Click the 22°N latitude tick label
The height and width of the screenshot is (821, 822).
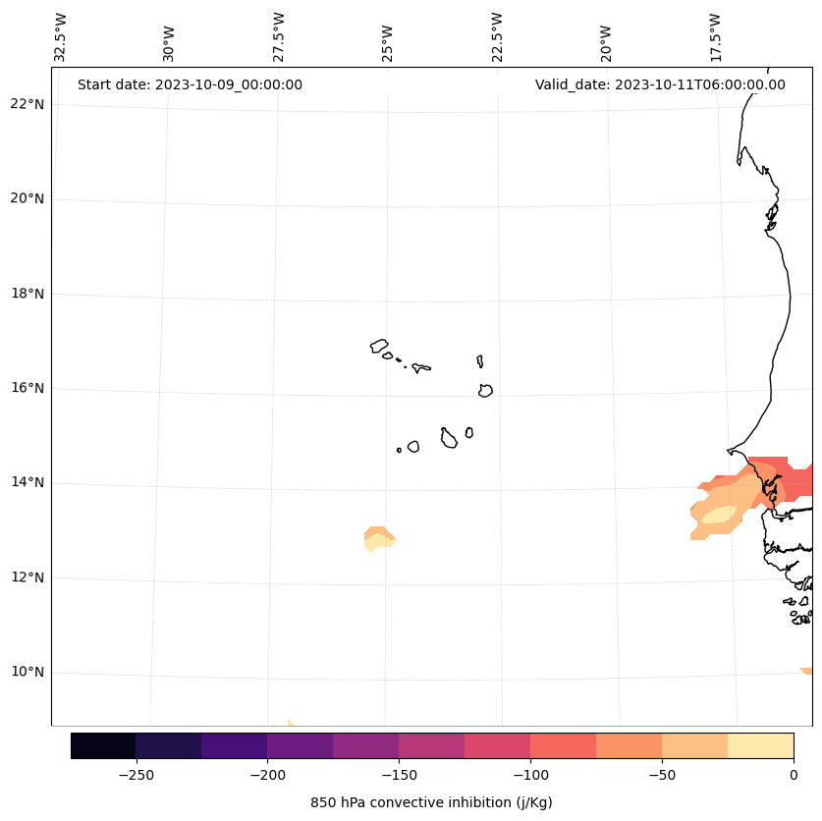27,104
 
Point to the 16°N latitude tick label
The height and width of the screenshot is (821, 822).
27,388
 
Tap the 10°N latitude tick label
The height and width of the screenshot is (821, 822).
27,672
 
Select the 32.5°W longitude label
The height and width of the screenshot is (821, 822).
61,37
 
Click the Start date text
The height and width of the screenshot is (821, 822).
190,84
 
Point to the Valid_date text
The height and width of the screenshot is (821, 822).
660,84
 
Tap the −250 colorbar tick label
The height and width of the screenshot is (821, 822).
136,775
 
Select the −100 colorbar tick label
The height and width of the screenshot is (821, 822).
530,775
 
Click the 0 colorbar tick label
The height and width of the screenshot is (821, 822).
793,775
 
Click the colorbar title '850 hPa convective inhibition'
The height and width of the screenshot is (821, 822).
431,802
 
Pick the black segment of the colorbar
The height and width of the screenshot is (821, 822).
103,745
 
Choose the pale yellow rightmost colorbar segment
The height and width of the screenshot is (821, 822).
760,745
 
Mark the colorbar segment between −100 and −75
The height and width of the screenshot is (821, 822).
563,745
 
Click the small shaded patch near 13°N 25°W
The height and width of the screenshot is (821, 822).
378,538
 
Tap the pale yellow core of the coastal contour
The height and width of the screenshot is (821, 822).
719,515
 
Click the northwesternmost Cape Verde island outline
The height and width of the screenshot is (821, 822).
379,346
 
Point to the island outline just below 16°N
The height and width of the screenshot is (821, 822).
485,391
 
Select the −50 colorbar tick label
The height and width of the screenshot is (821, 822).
662,775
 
